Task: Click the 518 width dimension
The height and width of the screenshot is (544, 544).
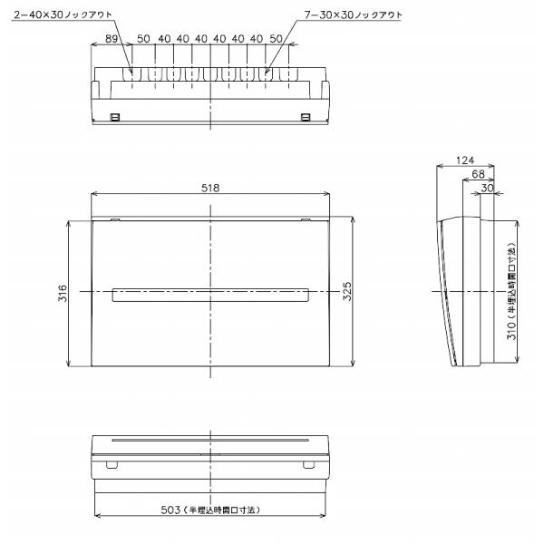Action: tap(210, 188)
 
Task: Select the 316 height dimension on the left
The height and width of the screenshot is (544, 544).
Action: tap(63, 293)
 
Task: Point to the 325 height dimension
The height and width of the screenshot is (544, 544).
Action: tap(347, 291)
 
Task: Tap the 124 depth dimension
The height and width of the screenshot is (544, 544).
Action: tap(465, 160)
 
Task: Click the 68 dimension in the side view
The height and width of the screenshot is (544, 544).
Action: tap(478, 174)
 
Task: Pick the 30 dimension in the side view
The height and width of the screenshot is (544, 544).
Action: tap(487, 188)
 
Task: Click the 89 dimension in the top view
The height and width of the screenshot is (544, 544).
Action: tap(112, 38)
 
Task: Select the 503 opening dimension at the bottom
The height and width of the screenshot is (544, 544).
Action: tap(210, 510)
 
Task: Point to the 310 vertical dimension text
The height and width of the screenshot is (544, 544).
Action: tap(511, 291)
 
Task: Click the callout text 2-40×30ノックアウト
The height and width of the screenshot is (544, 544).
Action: tap(63, 15)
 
